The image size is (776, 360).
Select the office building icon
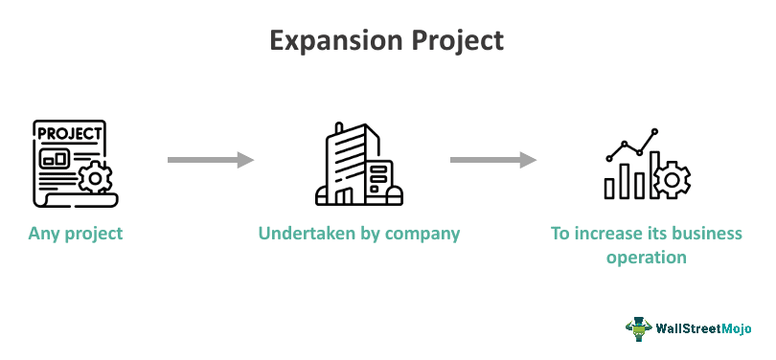point(358,164)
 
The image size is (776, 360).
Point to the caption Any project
point(76,233)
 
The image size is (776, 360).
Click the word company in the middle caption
point(422,233)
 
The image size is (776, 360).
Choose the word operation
point(646,257)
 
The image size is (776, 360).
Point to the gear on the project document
point(94,178)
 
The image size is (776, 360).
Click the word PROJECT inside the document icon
point(68,131)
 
